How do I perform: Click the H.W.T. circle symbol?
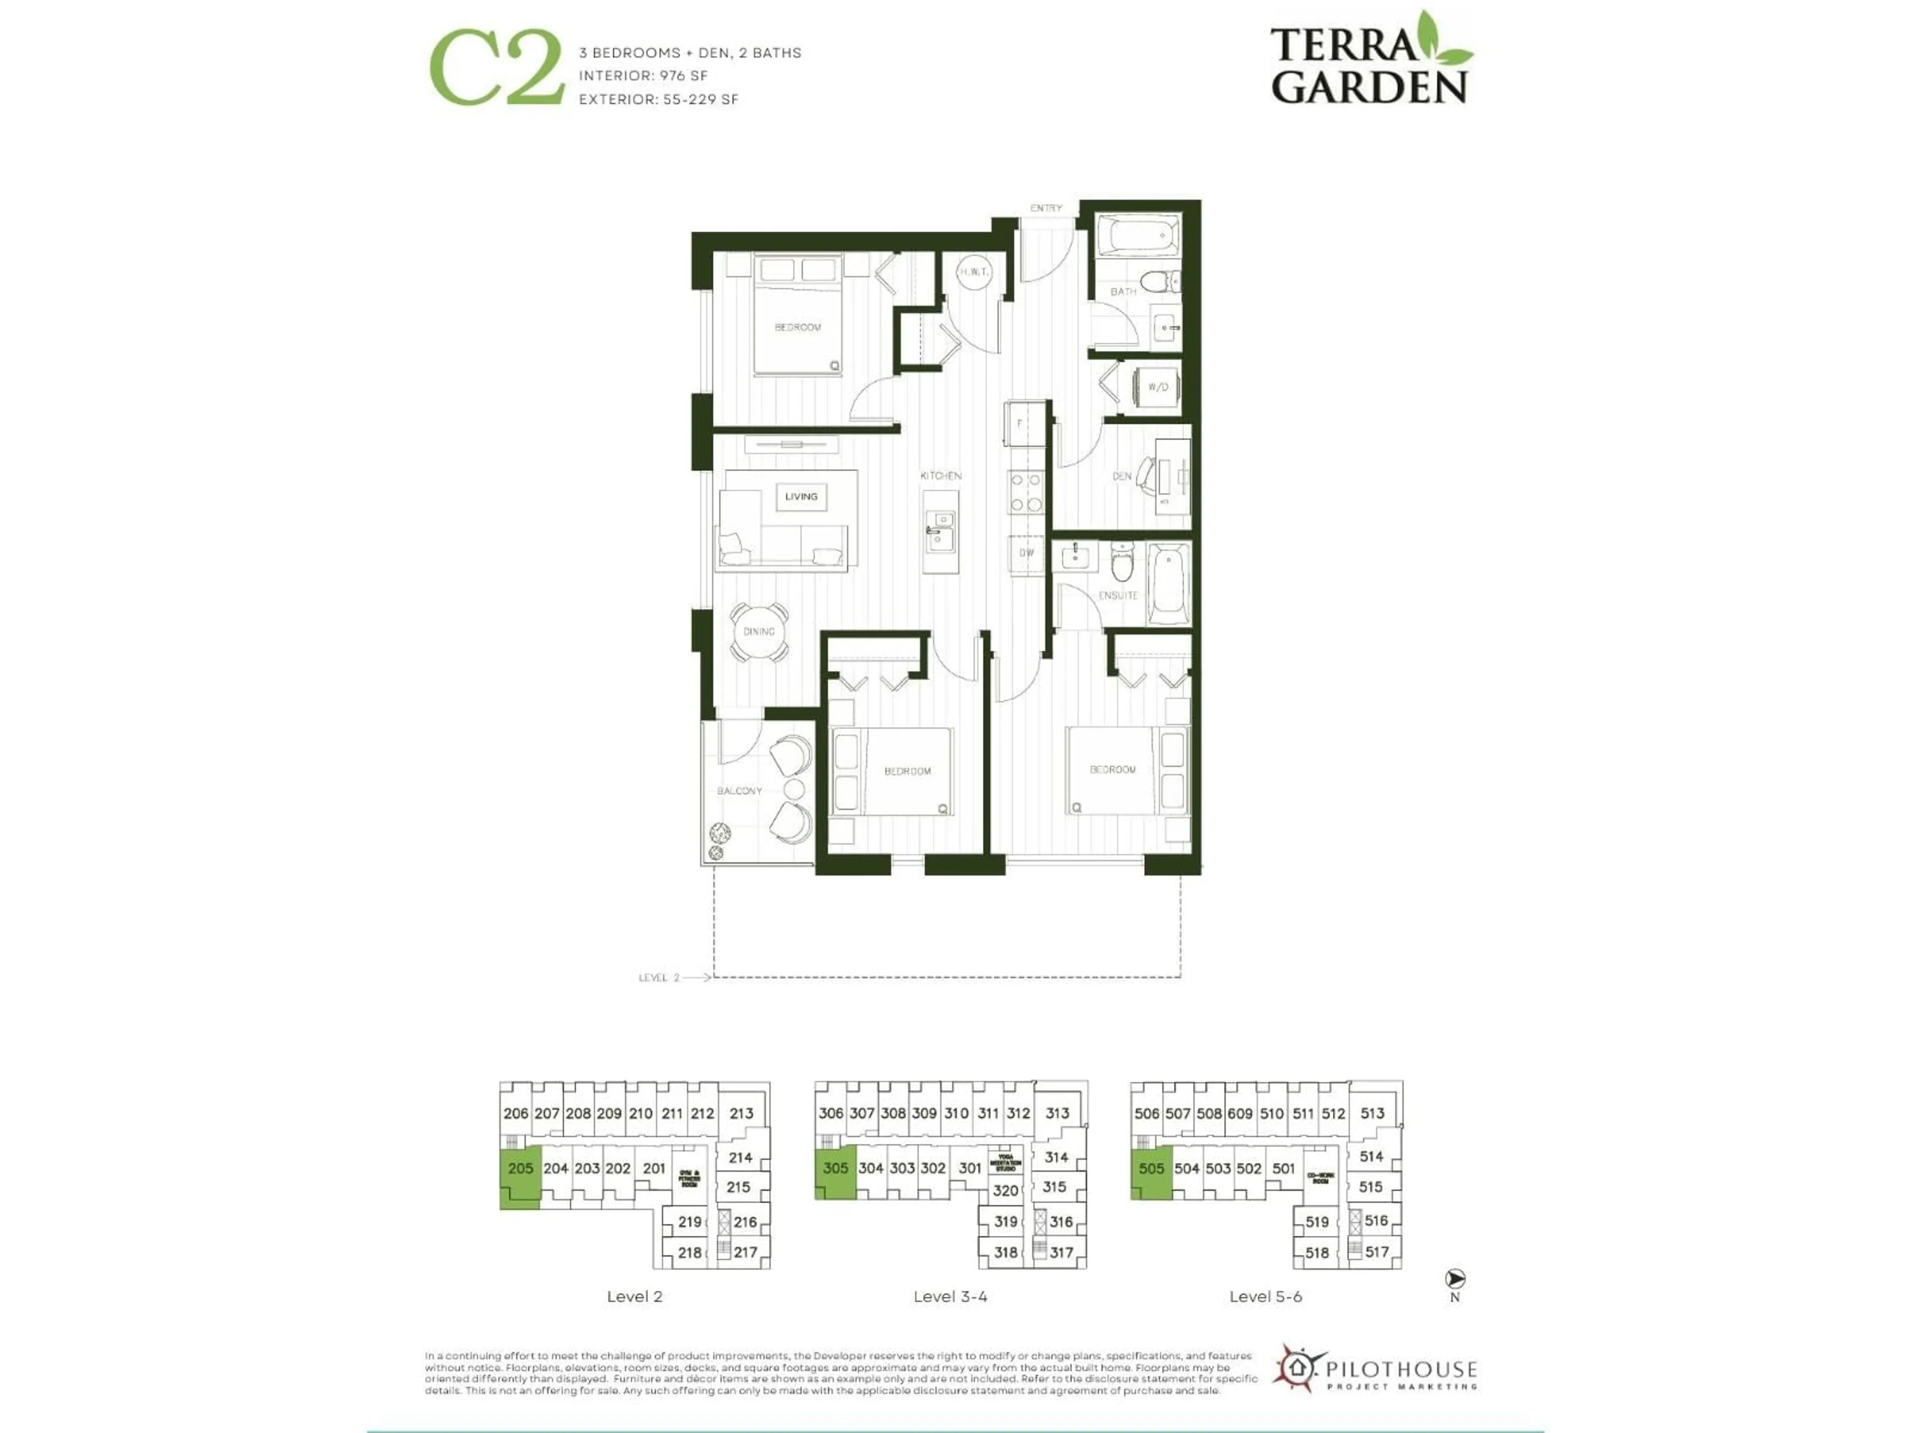[x=973, y=271]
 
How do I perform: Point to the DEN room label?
[x=1121, y=476]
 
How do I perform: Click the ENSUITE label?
[x=1118, y=595]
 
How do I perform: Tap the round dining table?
[x=759, y=631]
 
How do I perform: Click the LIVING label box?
[x=801, y=497]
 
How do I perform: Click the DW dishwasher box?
[x=1026, y=553]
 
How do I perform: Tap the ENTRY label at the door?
[x=1046, y=208]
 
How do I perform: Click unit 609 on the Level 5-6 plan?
[x=1240, y=1114]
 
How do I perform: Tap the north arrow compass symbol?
[x=1455, y=1278]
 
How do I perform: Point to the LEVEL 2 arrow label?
[x=661, y=978]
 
